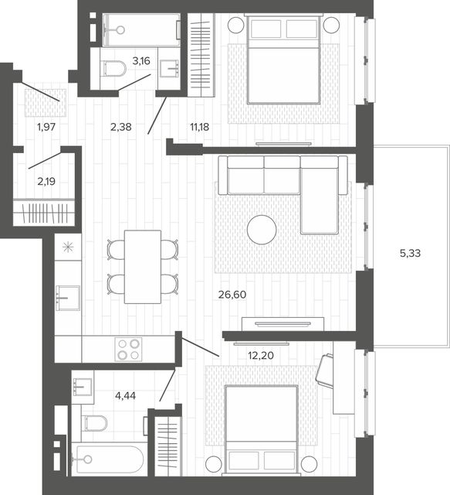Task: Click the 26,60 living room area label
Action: pyautogui.click(x=232, y=295)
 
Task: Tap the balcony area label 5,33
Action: pyautogui.click(x=410, y=253)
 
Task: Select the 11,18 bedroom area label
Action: pyautogui.click(x=199, y=127)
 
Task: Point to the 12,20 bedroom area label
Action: pyautogui.click(x=261, y=356)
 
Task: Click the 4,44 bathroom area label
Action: pyautogui.click(x=125, y=395)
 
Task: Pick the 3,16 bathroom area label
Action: pyautogui.click(x=141, y=61)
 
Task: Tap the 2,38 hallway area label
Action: pyautogui.click(x=121, y=127)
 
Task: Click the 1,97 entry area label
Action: pyautogui.click(x=46, y=127)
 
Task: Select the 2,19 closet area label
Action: pyautogui.click(x=46, y=181)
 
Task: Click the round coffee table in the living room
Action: pyautogui.click(x=262, y=230)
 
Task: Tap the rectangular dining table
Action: pyautogui.click(x=143, y=267)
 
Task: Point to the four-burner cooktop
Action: pyautogui.click(x=128, y=349)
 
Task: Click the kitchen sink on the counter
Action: pyautogui.click(x=68, y=298)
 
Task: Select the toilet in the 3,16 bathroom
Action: pyautogui.click(x=114, y=69)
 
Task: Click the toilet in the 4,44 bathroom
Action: pyautogui.click(x=96, y=423)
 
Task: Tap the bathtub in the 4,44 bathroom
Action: pyautogui.click(x=109, y=459)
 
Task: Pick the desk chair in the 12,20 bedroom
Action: pyautogui.click(x=325, y=370)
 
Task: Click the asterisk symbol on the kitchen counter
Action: pyautogui.click(x=68, y=247)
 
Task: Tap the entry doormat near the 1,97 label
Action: pyautogui.click(x=46, y=103)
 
